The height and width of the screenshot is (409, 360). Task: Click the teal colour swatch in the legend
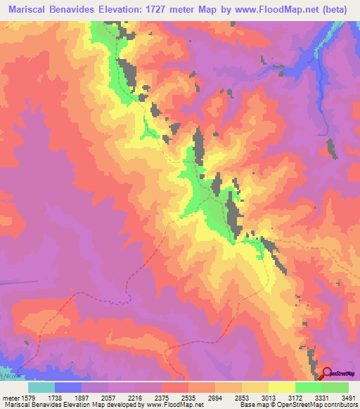point(41,387)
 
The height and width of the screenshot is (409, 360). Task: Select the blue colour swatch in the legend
point(68,387)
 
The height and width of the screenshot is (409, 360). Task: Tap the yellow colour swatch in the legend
point(281,387)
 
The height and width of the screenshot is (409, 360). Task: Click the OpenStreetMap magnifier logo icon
point(327,374)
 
